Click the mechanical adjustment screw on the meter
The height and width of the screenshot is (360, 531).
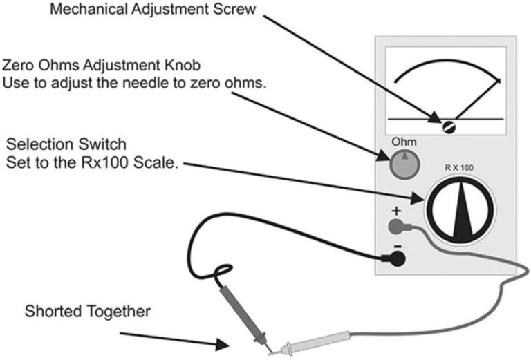447,125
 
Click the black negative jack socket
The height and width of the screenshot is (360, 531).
396,258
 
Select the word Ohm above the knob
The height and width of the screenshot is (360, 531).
401,142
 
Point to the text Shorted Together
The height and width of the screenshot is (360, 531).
86,312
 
